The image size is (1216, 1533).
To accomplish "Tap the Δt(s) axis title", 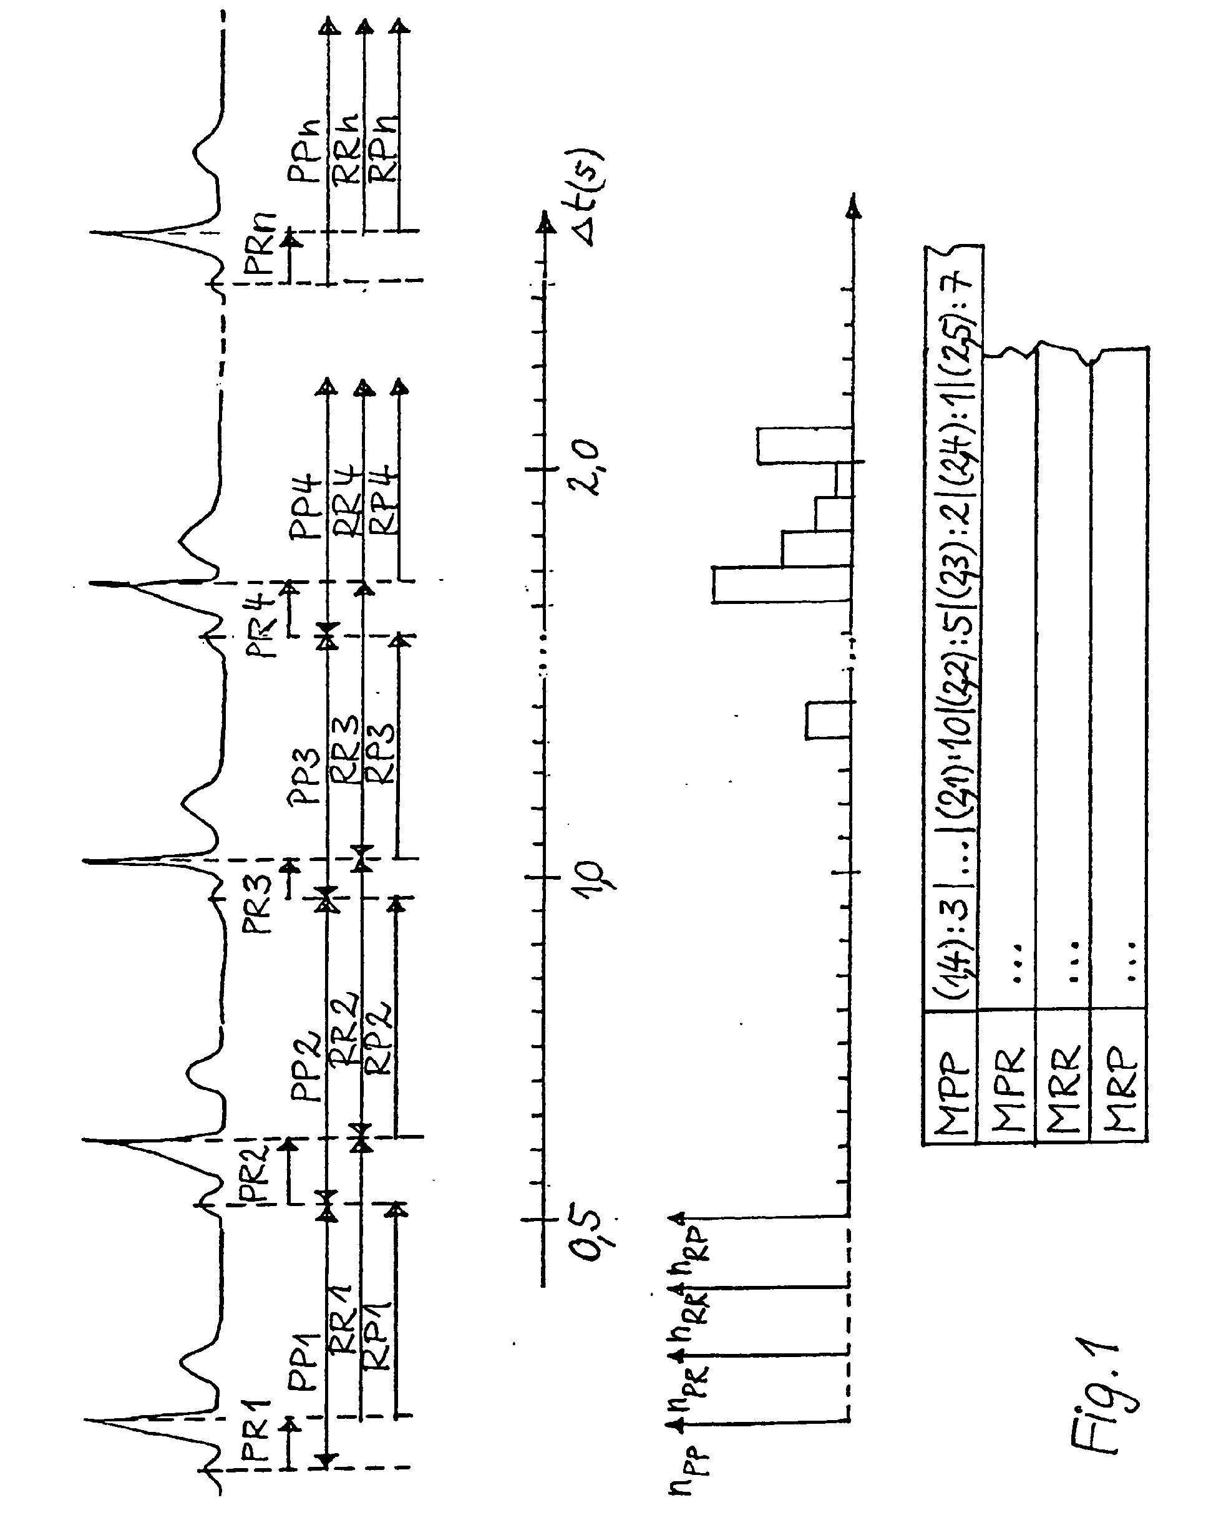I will point(586,198).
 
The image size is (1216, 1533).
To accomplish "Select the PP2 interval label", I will point(307,1066).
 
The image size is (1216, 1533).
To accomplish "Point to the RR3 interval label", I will point(345,750).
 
